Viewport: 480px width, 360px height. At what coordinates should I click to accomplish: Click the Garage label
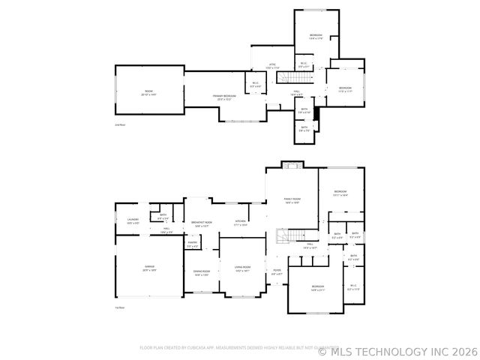pos(150,267)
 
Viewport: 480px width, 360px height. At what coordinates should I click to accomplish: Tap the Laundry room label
pos(133,220)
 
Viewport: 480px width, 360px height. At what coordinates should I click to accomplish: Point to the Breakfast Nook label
pos(201,222)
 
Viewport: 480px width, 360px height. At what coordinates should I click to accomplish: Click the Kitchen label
pos(241,222)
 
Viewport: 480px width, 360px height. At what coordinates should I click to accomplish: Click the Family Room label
pos(292,199)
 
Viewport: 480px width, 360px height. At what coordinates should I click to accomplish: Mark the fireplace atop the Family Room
pos(291,164)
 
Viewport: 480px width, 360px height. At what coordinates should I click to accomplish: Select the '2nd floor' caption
pos(120,124)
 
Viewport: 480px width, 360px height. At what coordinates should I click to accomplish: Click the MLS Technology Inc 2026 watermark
pos(397,350)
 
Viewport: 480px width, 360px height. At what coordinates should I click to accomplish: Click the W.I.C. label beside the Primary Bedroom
pos(255,84)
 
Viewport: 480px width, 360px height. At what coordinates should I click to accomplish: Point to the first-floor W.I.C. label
pos(354,286)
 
